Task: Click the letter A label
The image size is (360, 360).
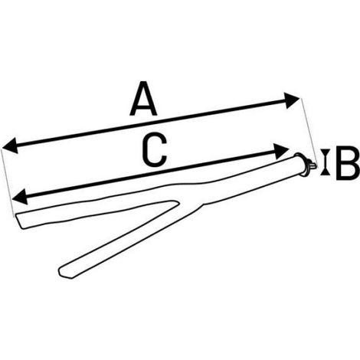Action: point(143,99)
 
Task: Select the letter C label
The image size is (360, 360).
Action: point(155,150)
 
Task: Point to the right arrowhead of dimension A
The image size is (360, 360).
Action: point(291,100)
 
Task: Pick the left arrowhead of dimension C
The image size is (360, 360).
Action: point(20,196)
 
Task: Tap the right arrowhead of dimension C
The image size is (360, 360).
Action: point(280,152)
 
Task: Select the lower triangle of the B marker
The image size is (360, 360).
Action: point(325,172)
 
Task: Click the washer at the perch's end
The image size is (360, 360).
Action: point(301,164)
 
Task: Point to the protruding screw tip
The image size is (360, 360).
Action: point(312,165)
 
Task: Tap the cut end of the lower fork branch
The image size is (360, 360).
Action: point(64,272)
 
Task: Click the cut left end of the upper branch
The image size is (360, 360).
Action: point(20,221)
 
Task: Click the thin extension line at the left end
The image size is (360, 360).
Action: point(8,182)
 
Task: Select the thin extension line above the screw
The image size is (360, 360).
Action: point(309,131)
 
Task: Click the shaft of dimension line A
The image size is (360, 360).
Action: point(151,123)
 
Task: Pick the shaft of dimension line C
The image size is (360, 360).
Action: point(150,174)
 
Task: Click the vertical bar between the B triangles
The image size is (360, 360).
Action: point(325,162)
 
